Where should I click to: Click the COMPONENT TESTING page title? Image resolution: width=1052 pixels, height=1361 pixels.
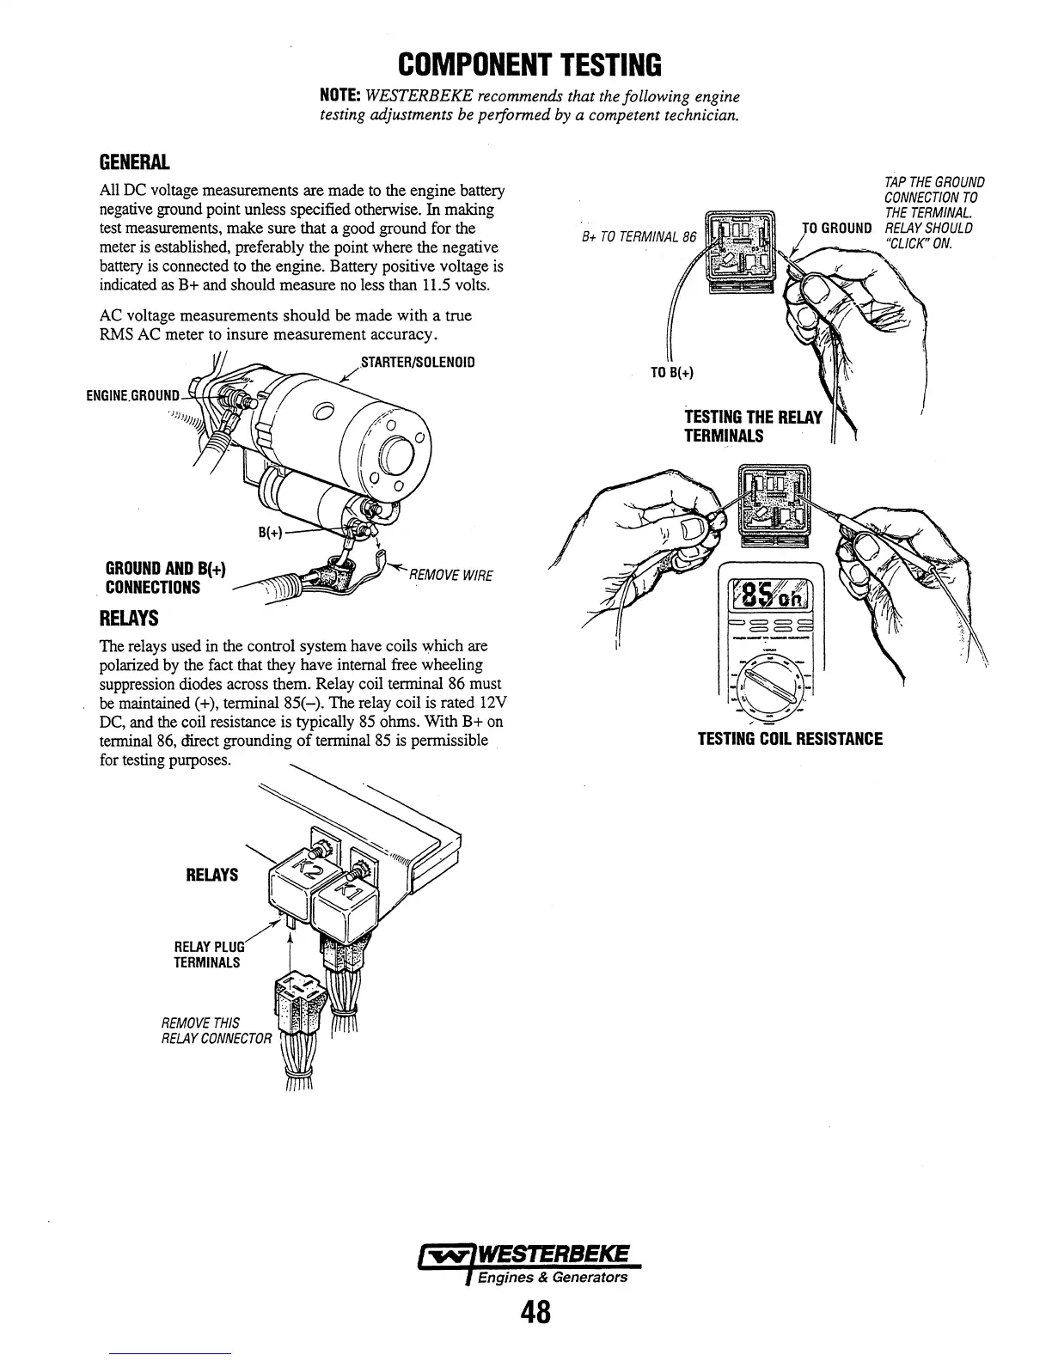click(530, 64)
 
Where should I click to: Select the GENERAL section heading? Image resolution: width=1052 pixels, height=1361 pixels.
click(135, 162)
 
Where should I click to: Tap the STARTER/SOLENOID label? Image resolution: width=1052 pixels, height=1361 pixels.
click(417, 362)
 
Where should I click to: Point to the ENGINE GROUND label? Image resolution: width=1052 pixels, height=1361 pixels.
click(133, 396)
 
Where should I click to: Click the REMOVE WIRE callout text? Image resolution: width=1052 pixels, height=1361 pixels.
click(451, 575)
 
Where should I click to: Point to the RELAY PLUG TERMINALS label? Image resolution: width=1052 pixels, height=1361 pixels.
click(209, 954)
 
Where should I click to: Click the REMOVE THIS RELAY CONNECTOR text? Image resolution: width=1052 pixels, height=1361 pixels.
click(216, 1030)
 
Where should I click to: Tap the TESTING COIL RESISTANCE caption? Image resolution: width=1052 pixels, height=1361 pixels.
click(790, 739)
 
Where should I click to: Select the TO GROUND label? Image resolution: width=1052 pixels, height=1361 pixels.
click(837, 228)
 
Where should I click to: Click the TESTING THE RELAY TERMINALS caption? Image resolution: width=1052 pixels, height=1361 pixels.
click(753, 427)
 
